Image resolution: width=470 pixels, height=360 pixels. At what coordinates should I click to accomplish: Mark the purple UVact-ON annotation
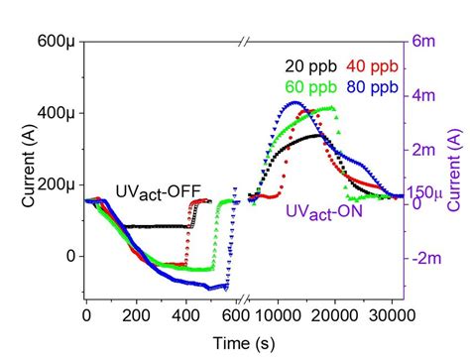[x=324, y=212]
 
